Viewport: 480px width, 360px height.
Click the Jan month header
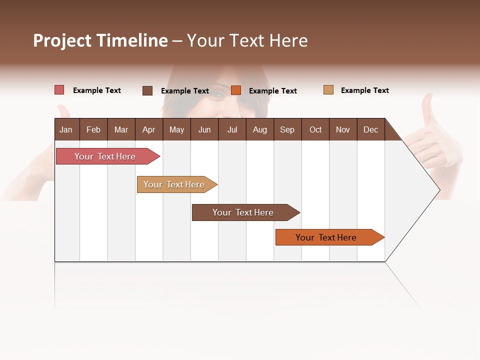(x=66, y=129)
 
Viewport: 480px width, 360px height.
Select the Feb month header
(x=93, y=129)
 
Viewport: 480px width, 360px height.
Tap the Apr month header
(x=148, y=129)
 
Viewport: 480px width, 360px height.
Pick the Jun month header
(x=204, y=129)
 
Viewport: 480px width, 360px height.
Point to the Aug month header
(x=259, y=129)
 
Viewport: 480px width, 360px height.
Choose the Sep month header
(x=287, y=129)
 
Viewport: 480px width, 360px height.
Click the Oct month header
(x=315, y=129)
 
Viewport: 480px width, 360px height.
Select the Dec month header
(x=370, y=129)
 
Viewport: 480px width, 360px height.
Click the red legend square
(x=59, y=90)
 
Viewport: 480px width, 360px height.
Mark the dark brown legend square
(x=147, y=90)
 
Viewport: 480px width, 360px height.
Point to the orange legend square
(x=236, y=90)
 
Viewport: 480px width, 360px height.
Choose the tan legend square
(x=328, y=90)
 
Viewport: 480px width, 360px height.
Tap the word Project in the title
(x=62, y=40)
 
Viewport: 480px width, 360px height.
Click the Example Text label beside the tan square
(x=364, y=90)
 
